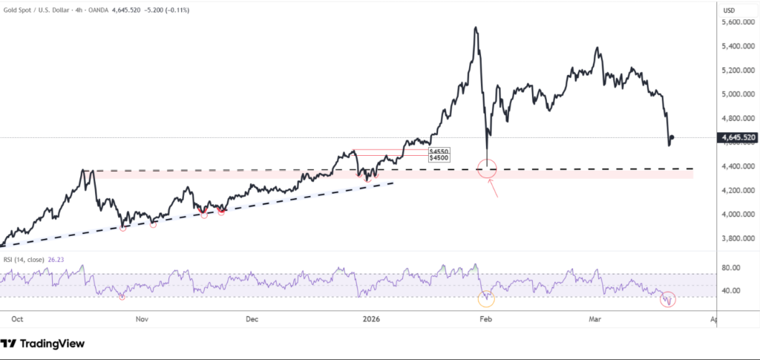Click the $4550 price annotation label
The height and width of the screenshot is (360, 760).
(439, 151)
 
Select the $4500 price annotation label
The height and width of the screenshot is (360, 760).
(439, 157)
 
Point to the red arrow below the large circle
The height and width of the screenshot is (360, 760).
(491, 190)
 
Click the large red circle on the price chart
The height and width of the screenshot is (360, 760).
(487, 168)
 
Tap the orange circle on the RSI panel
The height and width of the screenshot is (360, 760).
(486, 299)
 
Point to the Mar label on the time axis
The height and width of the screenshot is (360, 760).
(594, 319)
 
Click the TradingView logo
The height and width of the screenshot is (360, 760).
(42, 344)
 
